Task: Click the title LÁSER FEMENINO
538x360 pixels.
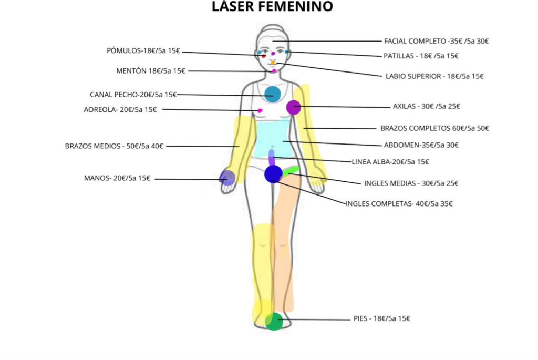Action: [x=272, y=6]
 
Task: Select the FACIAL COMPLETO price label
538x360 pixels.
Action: [x=436, y=41]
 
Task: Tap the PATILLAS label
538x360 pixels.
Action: [x=421, y=56]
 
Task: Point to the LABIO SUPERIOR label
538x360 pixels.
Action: [x=434, y=76]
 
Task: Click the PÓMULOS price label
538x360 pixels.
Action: [x=143, y=51]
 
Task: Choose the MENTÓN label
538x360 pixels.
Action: [x=150, y=71]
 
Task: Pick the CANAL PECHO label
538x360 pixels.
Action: [x=133, y=95]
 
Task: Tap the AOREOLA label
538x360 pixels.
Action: [x=120, y=110]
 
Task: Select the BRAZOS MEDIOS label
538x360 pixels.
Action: [x=114, y=146]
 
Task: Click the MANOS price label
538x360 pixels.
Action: [x=117, y=179]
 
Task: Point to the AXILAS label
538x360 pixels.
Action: [x=426, y=106]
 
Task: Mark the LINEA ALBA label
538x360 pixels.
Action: [x=390, y=162]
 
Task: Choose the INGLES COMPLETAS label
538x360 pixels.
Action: [x=399, y=204]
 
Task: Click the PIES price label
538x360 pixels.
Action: [x=381, y=318]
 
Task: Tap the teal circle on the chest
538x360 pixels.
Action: [x=273, y=94]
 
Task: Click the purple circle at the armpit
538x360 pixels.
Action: [x=293, y=107]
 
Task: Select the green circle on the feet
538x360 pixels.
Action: [x=274, y=322]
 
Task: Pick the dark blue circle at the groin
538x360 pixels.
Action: [x=273, y=174]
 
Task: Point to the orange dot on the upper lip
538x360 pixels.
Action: [x=273, y=63]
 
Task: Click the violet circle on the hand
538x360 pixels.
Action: [x=227, y=178]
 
